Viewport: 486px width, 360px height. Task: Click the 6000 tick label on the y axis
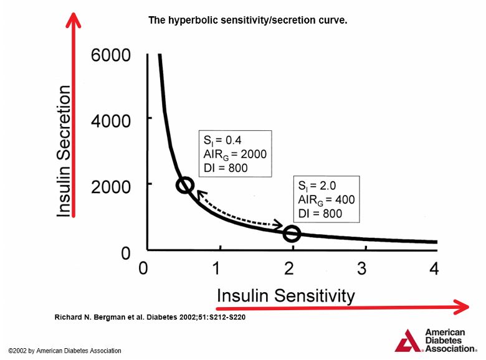111,55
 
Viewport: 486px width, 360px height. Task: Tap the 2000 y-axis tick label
111,187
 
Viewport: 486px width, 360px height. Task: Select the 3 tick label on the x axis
362,268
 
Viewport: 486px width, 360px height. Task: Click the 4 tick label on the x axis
434,268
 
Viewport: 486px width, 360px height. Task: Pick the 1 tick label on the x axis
216,268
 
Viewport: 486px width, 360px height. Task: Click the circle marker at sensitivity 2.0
292,234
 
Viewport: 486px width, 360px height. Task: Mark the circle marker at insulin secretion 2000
185,185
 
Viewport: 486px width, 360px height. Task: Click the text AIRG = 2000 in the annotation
235,154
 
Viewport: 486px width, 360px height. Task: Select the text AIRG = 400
326,200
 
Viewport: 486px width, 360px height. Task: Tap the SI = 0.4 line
222,140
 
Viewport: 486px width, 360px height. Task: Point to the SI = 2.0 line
317,186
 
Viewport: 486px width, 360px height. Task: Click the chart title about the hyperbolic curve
247,20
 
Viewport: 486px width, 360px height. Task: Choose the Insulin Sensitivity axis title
285,295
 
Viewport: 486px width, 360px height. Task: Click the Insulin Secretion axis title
64,151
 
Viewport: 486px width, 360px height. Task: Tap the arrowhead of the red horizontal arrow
461,307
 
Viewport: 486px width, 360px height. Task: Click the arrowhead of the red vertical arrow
74,20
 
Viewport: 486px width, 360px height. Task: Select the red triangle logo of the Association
409,341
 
